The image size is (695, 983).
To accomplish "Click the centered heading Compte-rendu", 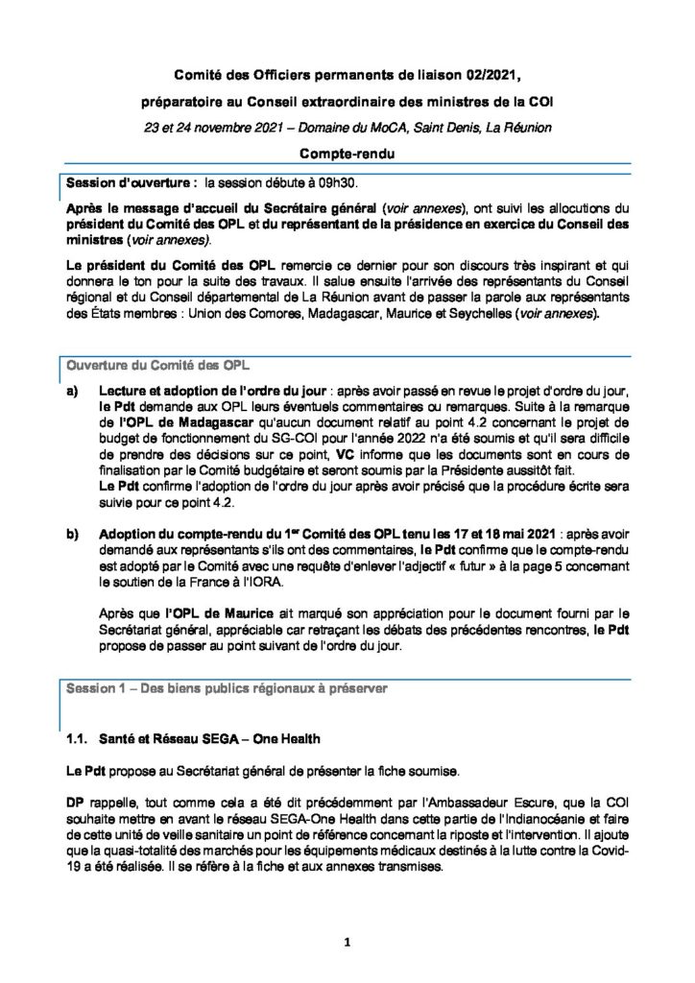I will click(347, 154).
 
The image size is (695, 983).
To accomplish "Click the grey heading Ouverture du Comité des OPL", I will click(156, 366).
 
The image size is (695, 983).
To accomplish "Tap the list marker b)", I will click(71, 533).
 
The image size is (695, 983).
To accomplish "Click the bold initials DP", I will click(74, 801).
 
